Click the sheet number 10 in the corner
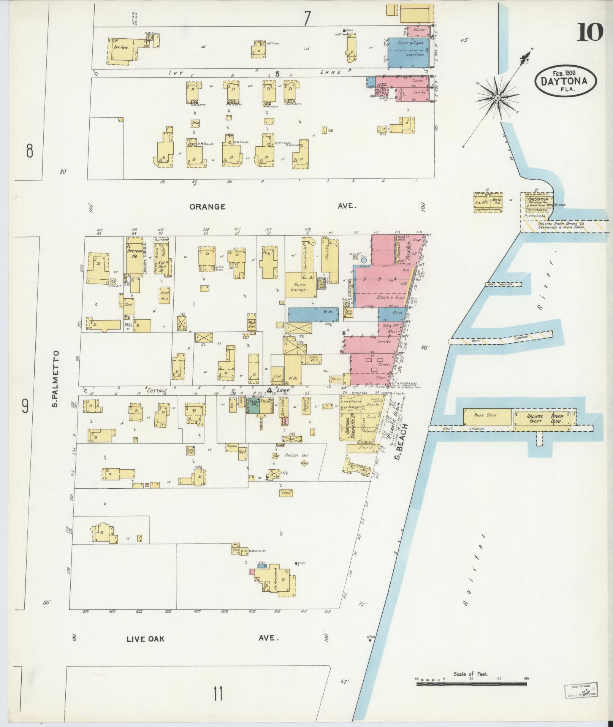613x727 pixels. point(590,32)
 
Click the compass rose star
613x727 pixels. point(497,98)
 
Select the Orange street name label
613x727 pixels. point(208,207)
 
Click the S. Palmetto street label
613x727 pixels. point(55,379)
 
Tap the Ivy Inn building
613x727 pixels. point(121,48)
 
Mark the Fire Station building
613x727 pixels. point(537,202)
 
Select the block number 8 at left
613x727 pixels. point(29,151)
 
